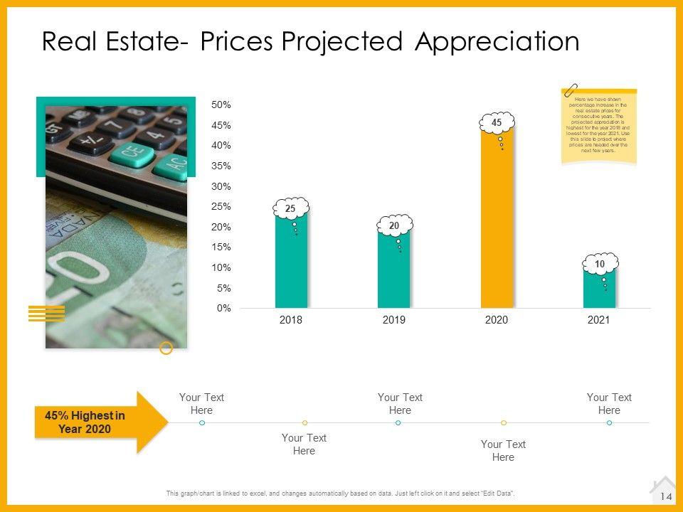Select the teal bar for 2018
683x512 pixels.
tap(291, 263)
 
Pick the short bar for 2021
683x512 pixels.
tap(599, 292)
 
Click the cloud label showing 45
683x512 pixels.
tap(497, 123)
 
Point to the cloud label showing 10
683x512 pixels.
tap(600, 264)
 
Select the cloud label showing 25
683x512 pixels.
tap(290, 208)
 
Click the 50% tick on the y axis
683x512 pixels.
tap(221, 105)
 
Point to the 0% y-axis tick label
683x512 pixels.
tap(223, 308)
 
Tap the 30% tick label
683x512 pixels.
tap(221, 186)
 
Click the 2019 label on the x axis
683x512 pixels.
tap(393, 321)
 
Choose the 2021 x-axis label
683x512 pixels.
tap(599, 321)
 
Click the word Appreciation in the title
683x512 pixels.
tap(497, 41)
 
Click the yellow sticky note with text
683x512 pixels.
tap(598, 128)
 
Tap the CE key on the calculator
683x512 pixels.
tap(131, 151)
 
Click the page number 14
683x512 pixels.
tap(667, 496)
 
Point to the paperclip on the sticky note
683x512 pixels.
tap(571, 90)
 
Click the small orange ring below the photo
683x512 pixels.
tap(166, 348)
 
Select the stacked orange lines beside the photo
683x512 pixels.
tap(46, 313)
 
